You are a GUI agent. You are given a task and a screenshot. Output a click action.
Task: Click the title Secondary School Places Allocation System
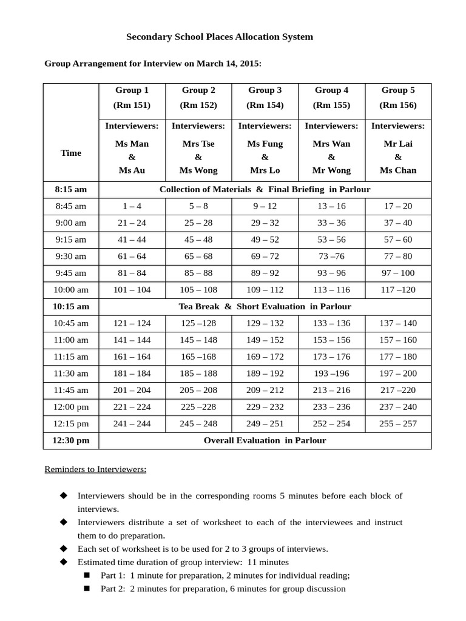click(x=219, y=37)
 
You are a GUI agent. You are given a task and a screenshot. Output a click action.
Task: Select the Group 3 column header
click(x=265, y=90)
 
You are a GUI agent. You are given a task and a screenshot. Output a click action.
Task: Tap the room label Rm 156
click(x=398, y=105)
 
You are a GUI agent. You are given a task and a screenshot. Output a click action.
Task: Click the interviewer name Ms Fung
click(x=265, y=144)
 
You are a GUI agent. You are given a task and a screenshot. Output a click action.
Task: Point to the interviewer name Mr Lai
click(x=398, y=144)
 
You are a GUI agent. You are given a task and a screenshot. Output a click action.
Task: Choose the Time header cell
click(x=71, y=153)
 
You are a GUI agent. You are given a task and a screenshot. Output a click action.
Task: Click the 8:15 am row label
click(x=71, y=189)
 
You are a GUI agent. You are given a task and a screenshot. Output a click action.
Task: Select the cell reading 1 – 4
click(x=132, y=206)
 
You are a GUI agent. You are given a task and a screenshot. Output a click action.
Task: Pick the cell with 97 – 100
click(x=398, y=273)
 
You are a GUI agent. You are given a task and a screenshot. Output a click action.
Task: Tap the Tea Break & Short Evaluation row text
click(x=265, y=306)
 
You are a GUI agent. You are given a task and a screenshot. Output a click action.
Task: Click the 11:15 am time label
click(x=71, y=357)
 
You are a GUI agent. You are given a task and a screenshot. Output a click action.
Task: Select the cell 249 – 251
click(x=265, y=423)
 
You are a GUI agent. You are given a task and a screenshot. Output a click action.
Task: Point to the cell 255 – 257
click(x=398, y=423)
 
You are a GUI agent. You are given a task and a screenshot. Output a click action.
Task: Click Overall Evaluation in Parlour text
click(x=265, y=440)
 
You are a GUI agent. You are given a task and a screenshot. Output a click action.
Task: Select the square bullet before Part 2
click(x=87, y=588)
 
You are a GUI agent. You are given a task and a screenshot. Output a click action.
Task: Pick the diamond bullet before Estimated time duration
click(x=63, y=562)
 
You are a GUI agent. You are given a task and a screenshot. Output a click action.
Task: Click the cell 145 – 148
click(x=198, y=340)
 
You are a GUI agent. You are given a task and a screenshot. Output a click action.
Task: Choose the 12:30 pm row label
click(x=71, y=440)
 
